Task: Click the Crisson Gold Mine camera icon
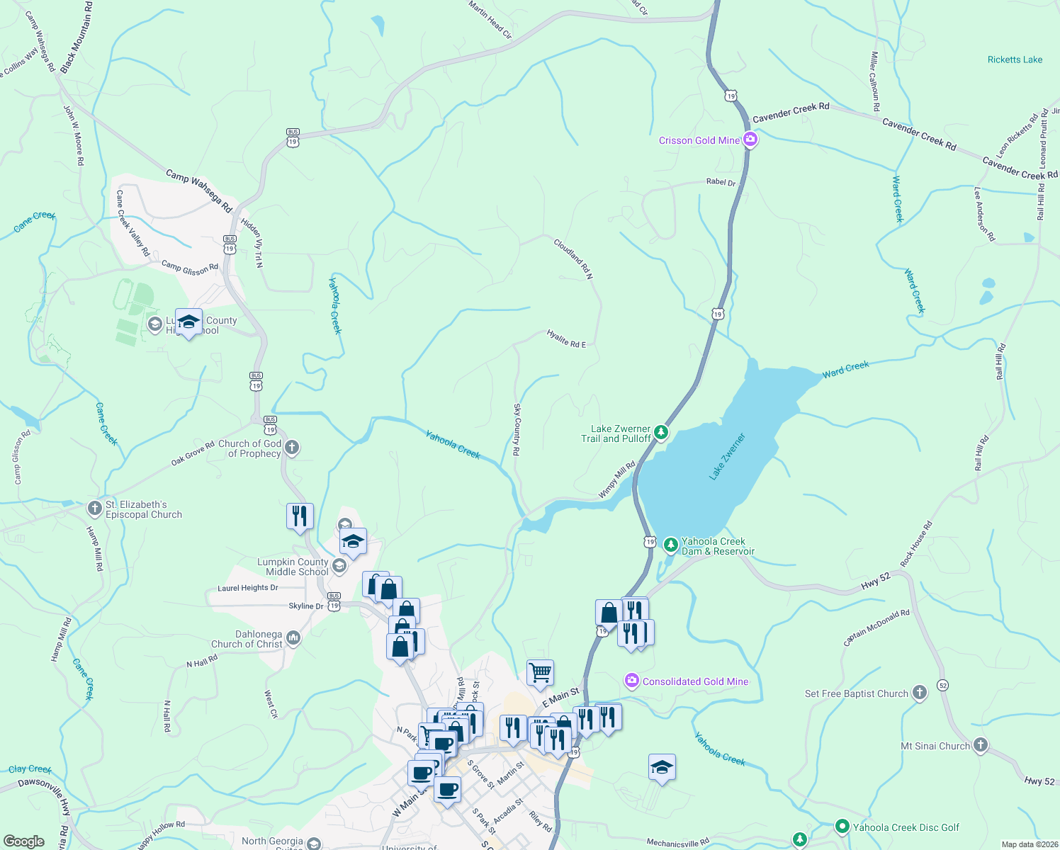click(750, 140)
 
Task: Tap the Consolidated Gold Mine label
click(695, 681)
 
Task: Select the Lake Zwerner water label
click(728, 457)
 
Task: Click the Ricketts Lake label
click(1015, 59)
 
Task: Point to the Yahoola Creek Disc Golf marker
click(842, 827)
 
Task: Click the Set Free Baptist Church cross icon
click(919, 693)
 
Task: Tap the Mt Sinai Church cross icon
click(980, 745)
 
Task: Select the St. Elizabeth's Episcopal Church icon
click(95, 509)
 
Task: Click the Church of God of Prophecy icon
click(291, 448)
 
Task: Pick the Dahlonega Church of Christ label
click(247, 640)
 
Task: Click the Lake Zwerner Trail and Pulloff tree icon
click(660, 432)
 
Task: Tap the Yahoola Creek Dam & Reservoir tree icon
click(670, 545)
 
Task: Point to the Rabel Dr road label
click(721, 182)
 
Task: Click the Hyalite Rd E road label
click(566, 339)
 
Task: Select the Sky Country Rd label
click(517, 429)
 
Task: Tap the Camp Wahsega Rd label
click(199, 191)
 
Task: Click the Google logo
click(24, 841)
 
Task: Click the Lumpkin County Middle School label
click(293, 567)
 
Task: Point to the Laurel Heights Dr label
click(247, 588)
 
